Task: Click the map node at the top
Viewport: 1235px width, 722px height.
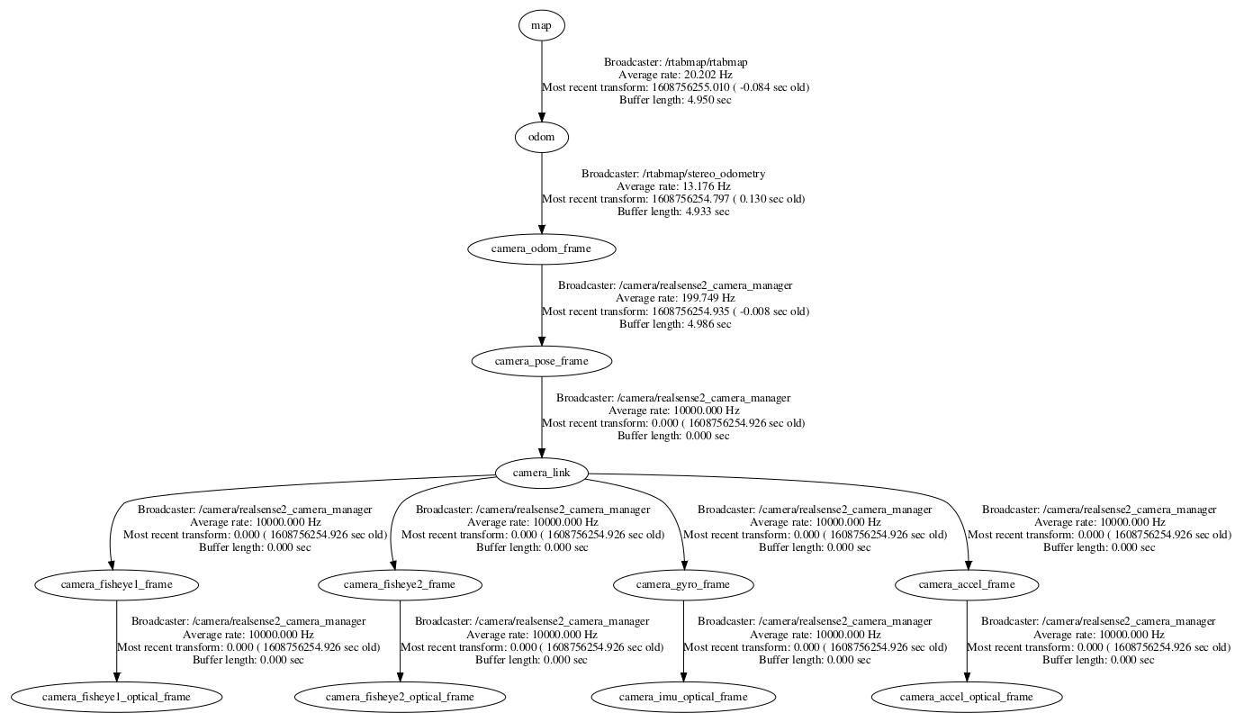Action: click(x=541, y=25)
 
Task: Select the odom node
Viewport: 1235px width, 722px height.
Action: click(x=541, y=137)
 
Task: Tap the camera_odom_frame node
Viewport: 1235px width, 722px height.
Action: click(x=541, y=248)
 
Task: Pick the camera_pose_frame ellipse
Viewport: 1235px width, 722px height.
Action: click(x=541, y=361)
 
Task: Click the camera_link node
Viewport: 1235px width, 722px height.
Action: click(x=541, y=473)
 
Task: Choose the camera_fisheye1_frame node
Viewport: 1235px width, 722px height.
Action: click(x=116, y=584)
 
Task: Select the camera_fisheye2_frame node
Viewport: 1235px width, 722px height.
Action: click(x=400, y=584)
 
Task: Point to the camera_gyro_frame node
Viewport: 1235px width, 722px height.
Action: click(x=683, y=584)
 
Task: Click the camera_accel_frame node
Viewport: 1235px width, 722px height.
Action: click(x=967, y=584)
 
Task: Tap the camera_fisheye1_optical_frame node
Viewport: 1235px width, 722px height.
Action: click(x=116, y=696)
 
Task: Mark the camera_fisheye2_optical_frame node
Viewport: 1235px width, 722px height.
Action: click(x=400, y=696)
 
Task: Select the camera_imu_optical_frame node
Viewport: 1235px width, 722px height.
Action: click(x=683, y=696)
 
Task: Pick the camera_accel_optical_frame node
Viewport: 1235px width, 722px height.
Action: click(x=967, y=696)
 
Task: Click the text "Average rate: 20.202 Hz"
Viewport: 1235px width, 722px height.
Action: click(x=675, y=75)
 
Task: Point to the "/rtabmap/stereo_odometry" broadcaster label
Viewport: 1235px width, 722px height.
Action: click(x=703, y=174)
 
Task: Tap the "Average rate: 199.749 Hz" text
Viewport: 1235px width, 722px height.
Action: click(x=675, y=298)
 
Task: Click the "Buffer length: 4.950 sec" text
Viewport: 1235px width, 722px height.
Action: click(x=675, y=100)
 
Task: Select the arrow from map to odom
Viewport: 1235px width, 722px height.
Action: click(x=541, y=81)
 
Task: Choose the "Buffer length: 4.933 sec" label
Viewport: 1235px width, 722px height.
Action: click(x=673, y=212)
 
